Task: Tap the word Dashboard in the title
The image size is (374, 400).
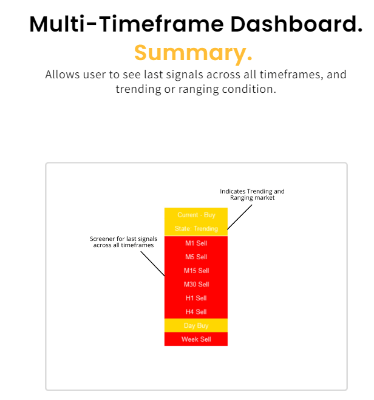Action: click(296, 24)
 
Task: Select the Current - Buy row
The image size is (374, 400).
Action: click(196, 215)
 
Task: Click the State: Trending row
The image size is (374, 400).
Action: click(196, 229)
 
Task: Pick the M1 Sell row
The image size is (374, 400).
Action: click(196, 243)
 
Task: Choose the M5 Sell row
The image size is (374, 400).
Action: click(196, 257)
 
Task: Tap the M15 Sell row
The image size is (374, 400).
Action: click(196, 271)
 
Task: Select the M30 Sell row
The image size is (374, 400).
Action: click(196, 285)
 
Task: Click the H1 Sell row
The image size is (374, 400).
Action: click(196, 298)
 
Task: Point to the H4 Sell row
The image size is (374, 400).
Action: click(196, 312)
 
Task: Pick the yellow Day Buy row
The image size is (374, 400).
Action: click(196, 325)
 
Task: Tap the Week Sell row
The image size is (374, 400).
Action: click(196, 339)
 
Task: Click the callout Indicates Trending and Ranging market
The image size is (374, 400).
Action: click(252, 194)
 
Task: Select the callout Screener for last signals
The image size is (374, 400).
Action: click(123, 242)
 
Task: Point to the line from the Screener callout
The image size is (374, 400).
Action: click(152, 264)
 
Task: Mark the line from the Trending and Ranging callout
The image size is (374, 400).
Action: click(240, 217)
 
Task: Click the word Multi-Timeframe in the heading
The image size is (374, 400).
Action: click(126, 24)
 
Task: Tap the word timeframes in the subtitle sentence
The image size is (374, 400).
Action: click(291, 75)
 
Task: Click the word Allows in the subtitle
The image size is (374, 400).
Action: click(63, 75)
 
